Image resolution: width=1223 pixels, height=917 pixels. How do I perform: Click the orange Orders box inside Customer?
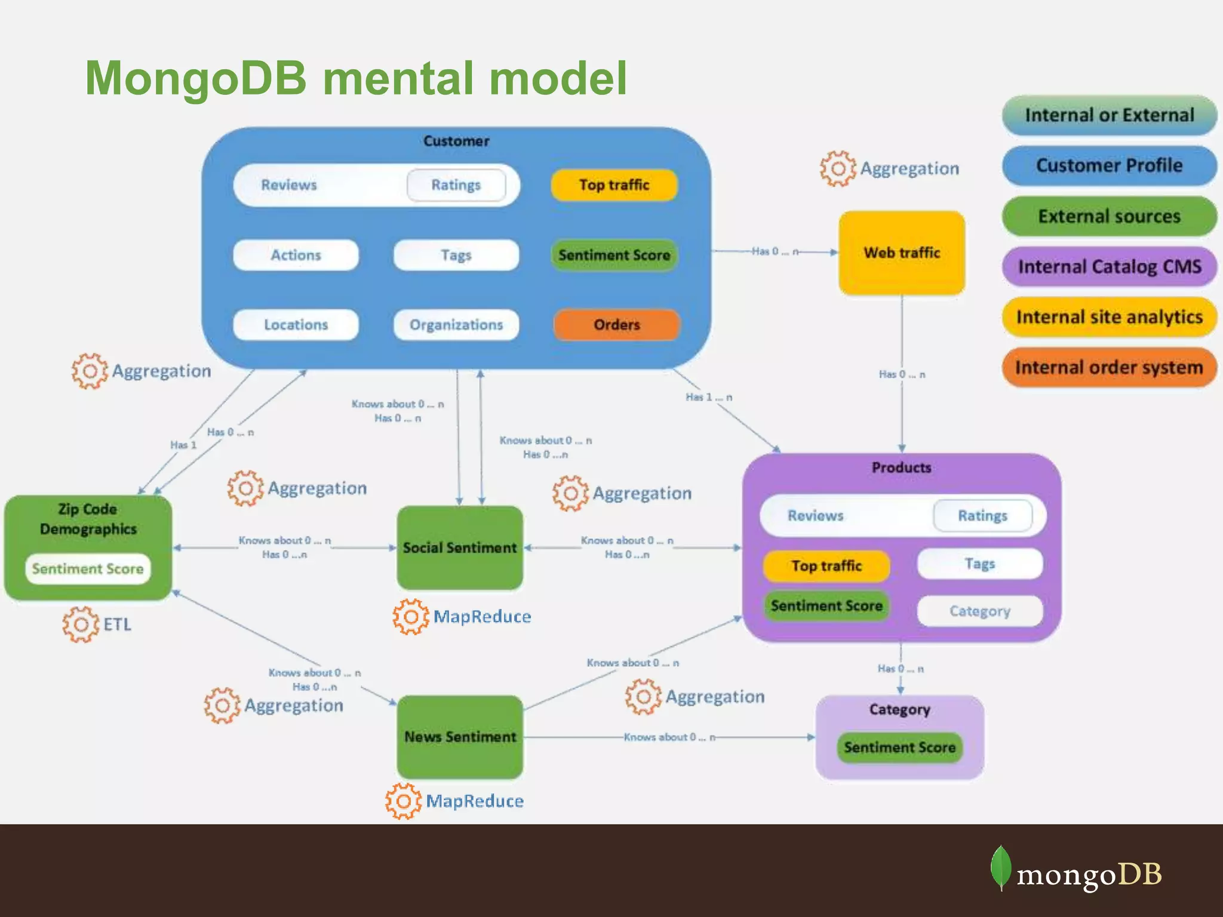click(x=616, y=325)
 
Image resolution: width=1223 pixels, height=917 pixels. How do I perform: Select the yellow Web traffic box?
click(x=902, y=253)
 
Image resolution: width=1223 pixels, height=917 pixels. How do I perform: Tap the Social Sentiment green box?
click(x=460, y=547)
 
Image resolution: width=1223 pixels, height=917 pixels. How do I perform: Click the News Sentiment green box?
click(x=460, y=737)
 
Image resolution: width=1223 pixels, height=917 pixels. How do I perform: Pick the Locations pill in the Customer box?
click(x=296, y=325)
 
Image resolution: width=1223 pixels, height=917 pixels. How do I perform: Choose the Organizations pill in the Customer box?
click(x=456, y=325)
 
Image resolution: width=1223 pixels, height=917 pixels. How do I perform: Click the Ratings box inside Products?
click(x=982, y=515)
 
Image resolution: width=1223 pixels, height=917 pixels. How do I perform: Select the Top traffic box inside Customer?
click(x=614, y=185)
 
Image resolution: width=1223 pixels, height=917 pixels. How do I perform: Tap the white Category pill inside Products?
click(x=980, y=611)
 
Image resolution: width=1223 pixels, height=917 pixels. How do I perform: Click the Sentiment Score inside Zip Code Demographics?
click(x=88, y=568)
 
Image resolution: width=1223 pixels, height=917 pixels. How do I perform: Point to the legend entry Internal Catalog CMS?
click(x=1110, y=266)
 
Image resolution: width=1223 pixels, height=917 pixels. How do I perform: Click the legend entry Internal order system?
click(x=1110, y=367)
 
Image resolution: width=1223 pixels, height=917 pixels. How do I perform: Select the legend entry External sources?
click(x=1110, y=216)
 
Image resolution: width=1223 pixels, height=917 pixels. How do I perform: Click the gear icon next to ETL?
click(x=81, y=624)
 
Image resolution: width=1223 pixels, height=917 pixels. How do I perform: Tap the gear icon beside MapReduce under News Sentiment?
click(x=404, y=801)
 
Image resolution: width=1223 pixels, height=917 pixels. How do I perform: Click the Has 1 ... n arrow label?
click(x=709, y=397)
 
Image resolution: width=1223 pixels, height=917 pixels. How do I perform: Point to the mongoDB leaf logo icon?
click(x=1001, y=867)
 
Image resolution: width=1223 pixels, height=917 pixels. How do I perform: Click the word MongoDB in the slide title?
click(x=196, y=78)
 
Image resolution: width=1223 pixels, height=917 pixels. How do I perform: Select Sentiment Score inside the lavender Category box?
click(x=900, y=747)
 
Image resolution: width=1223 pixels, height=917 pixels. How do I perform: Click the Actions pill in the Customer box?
click(x=296, y=255)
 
